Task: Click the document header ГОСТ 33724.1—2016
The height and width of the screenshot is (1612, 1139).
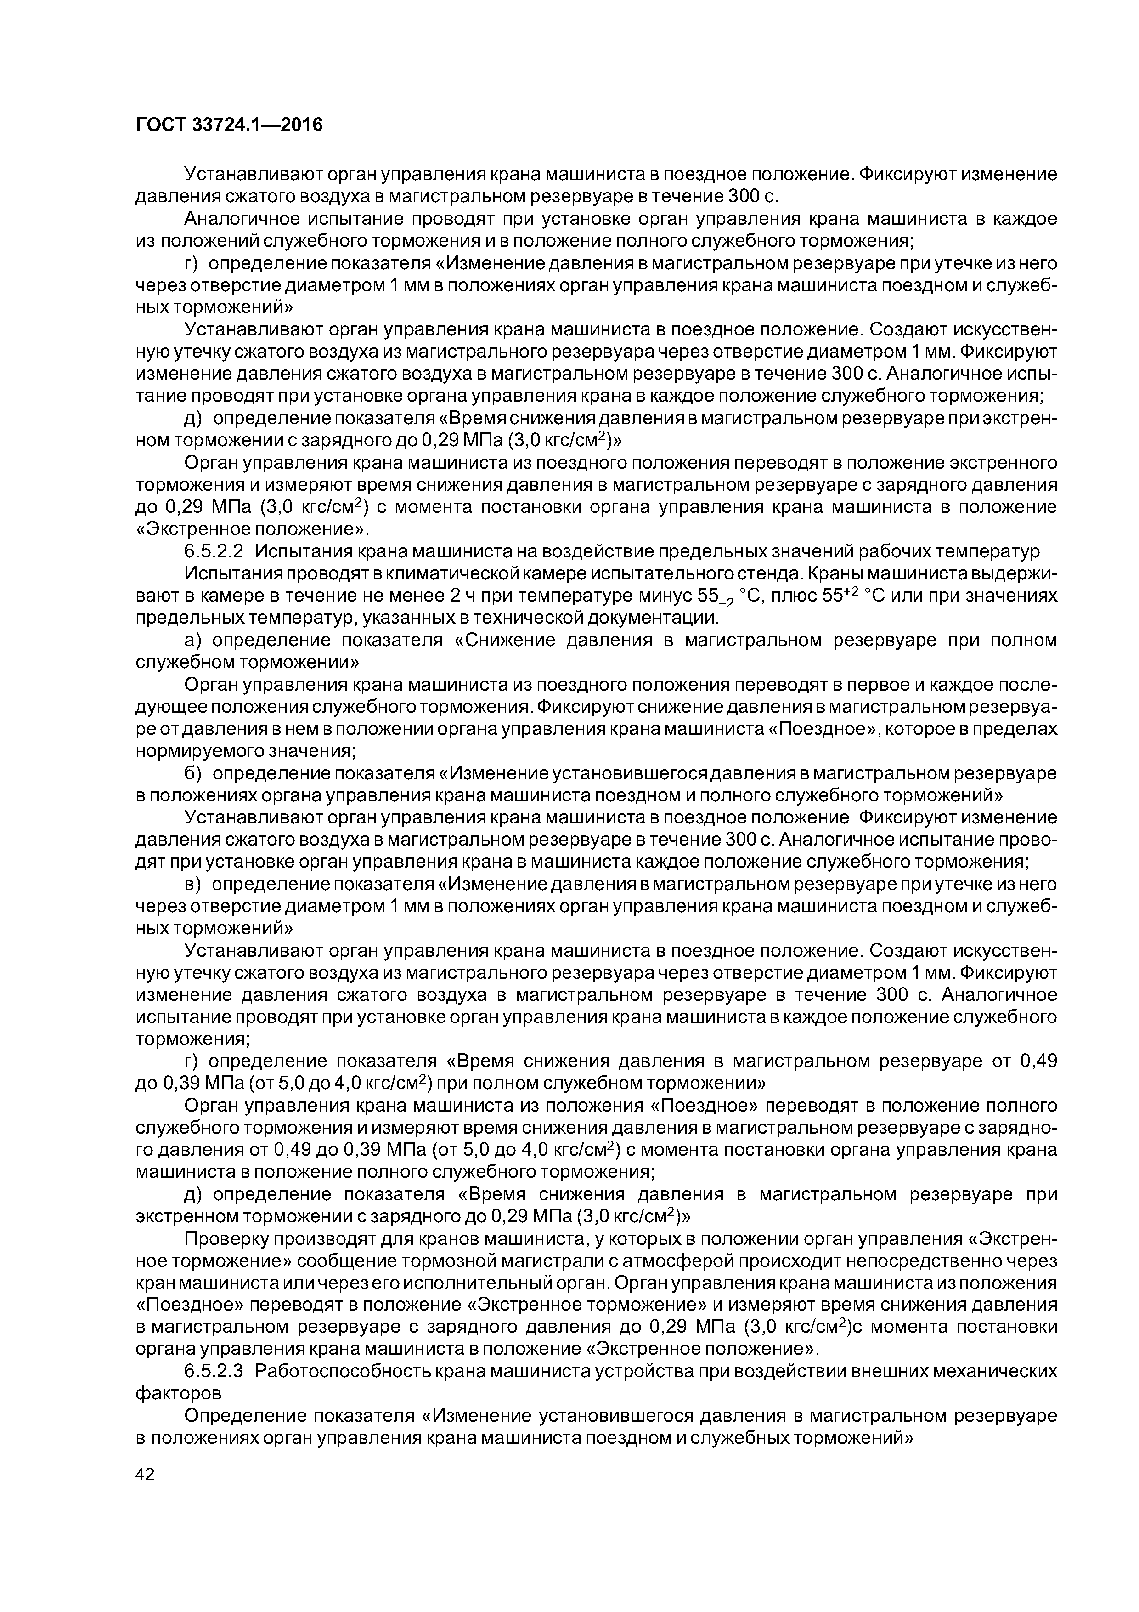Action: tap(229, 125)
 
